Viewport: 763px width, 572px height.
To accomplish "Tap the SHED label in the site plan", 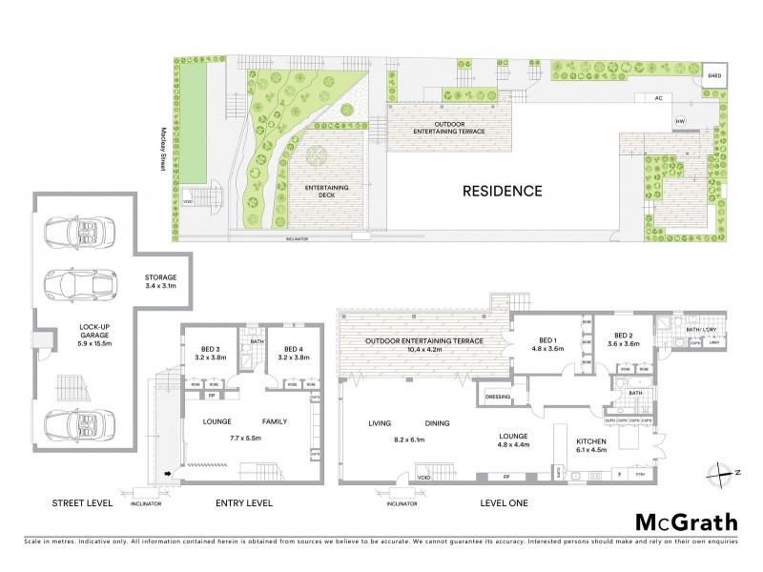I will [x=712, y=75].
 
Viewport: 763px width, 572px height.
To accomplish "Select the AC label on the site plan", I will [x=657, y=97].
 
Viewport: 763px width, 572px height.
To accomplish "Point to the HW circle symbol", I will [x=680, y=121].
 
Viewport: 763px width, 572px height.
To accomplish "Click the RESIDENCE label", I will [x=503, y=191].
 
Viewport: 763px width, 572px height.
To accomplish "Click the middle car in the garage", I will [x=74, y=281].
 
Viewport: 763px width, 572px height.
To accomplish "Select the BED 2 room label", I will [x=625, y=340].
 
